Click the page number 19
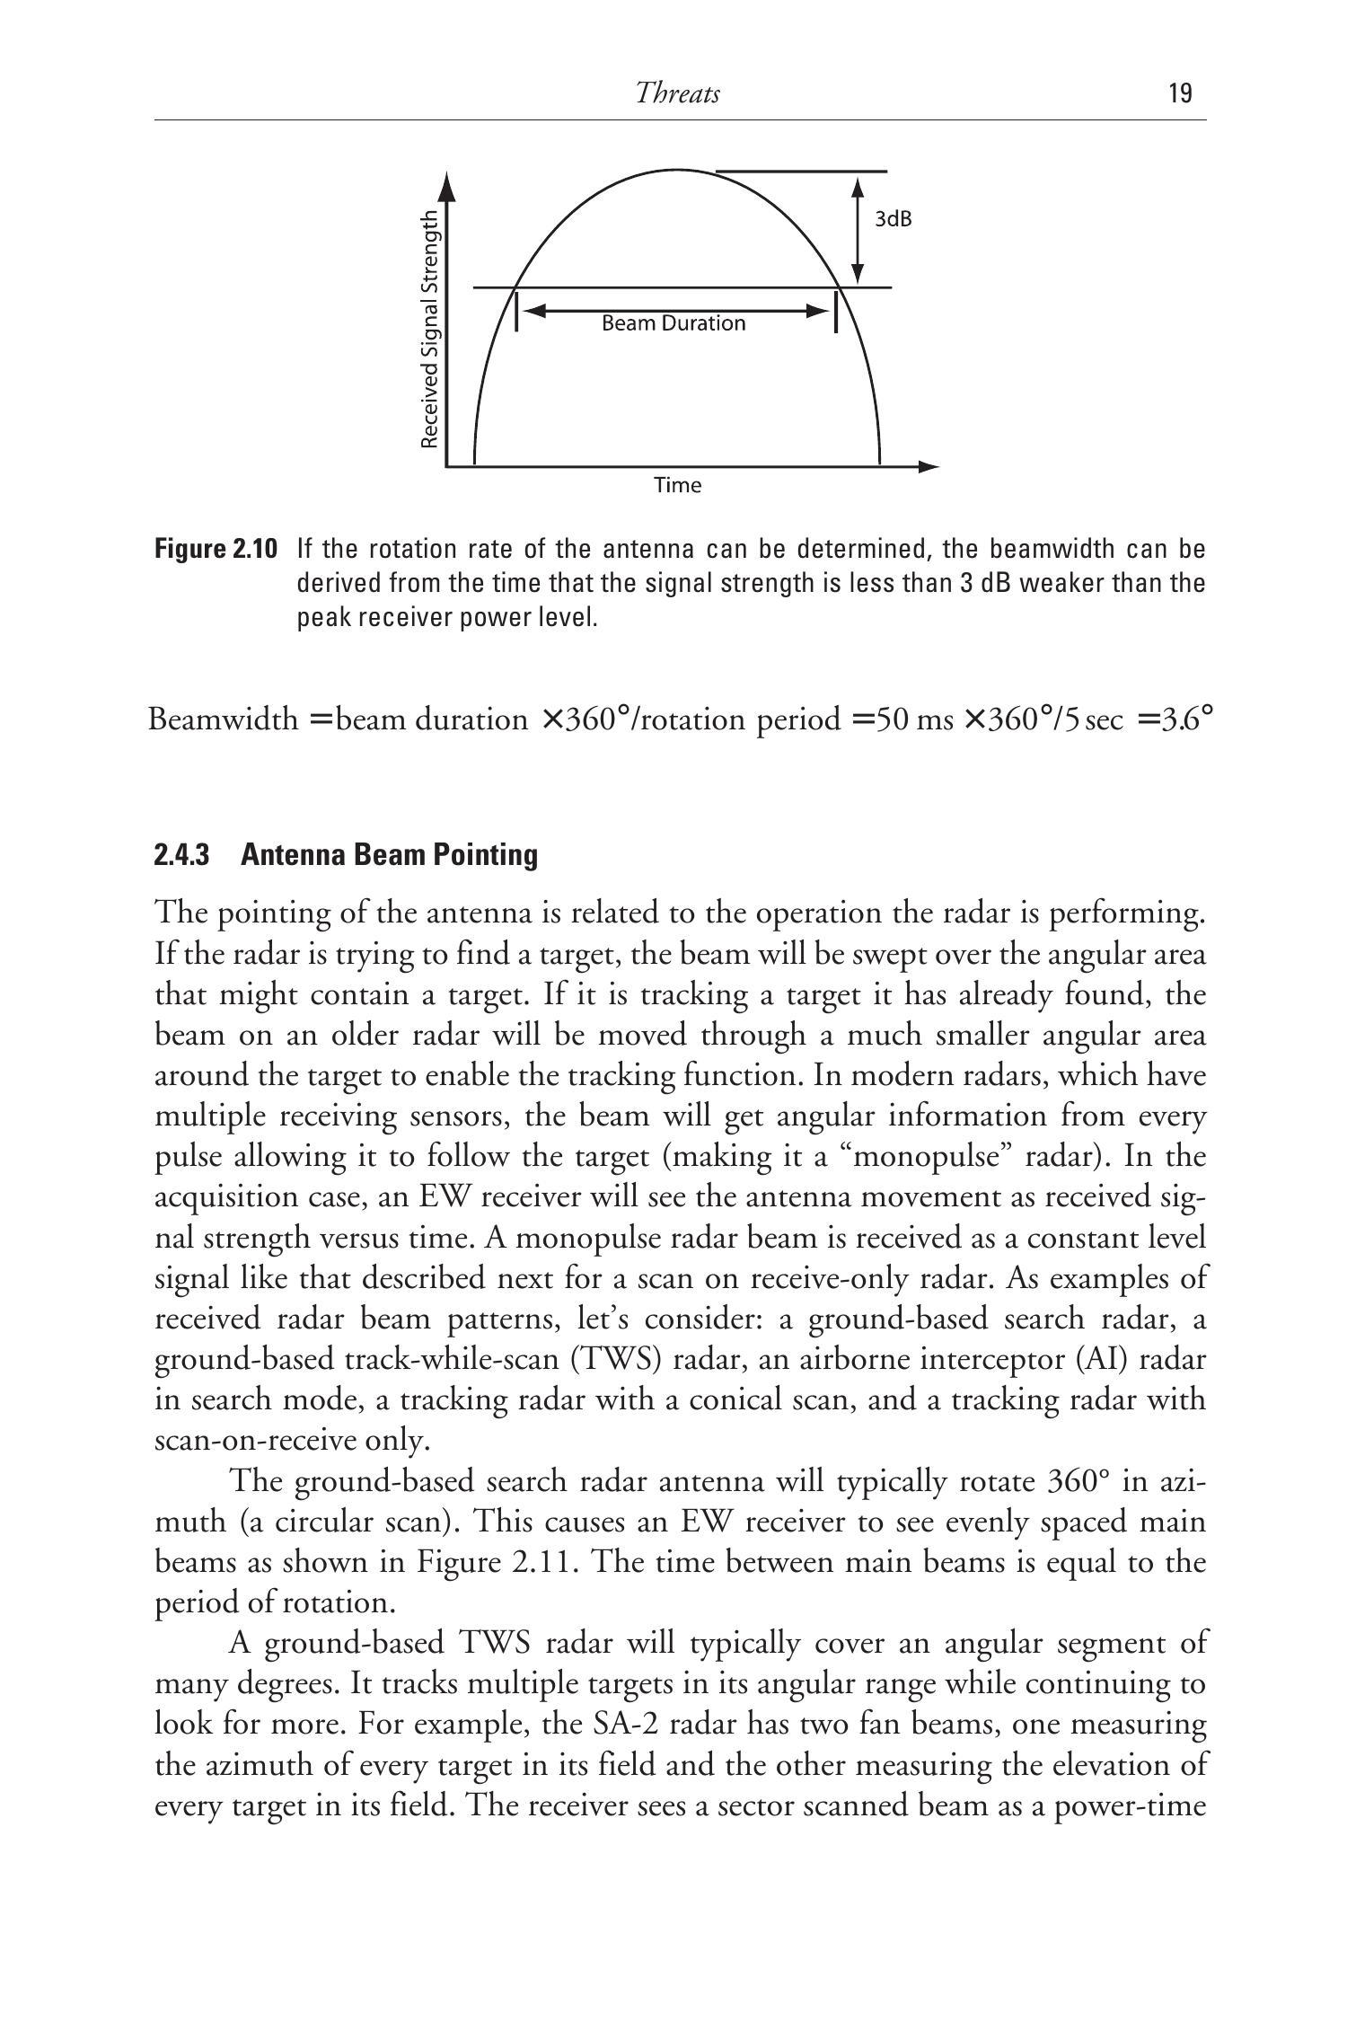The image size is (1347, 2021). (1181, 93)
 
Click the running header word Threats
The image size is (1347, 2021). (677, 93)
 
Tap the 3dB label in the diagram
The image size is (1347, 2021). (894, 219)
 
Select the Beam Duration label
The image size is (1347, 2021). (673, 323)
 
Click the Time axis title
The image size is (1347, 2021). (677, 486)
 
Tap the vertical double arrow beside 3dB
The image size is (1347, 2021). (858, 230)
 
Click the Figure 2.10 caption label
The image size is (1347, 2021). (216, 549)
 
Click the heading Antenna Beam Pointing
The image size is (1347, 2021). (389, 854)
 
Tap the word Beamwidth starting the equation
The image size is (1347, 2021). (223, 719)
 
